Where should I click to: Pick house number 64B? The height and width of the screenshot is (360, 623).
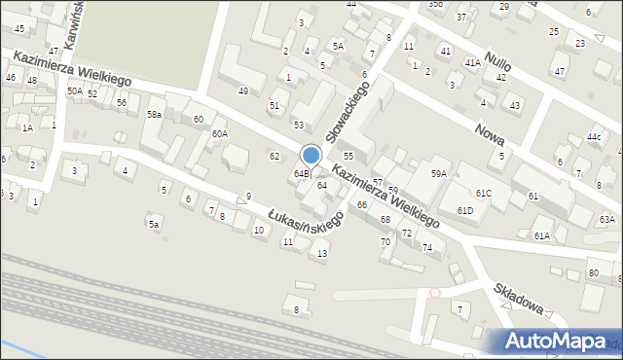(302, 174)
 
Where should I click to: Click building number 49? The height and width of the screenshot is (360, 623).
(242, 90)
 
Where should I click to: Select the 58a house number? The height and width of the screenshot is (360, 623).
(154, 114)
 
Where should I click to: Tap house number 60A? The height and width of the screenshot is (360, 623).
(220, 133)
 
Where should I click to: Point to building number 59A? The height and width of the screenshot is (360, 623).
(439, 173)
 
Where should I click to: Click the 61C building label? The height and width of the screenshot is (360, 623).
(484, 194)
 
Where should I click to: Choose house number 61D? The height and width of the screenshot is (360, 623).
(464, 210)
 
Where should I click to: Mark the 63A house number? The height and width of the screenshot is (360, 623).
(606, 220)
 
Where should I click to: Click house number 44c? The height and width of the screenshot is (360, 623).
(594, 136)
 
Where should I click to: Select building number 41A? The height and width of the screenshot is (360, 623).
(471, 62)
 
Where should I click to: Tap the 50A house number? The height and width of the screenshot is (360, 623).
(74, 90)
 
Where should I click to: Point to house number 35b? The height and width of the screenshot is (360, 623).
(435, 4)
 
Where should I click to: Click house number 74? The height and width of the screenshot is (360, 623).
(427, 247)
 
